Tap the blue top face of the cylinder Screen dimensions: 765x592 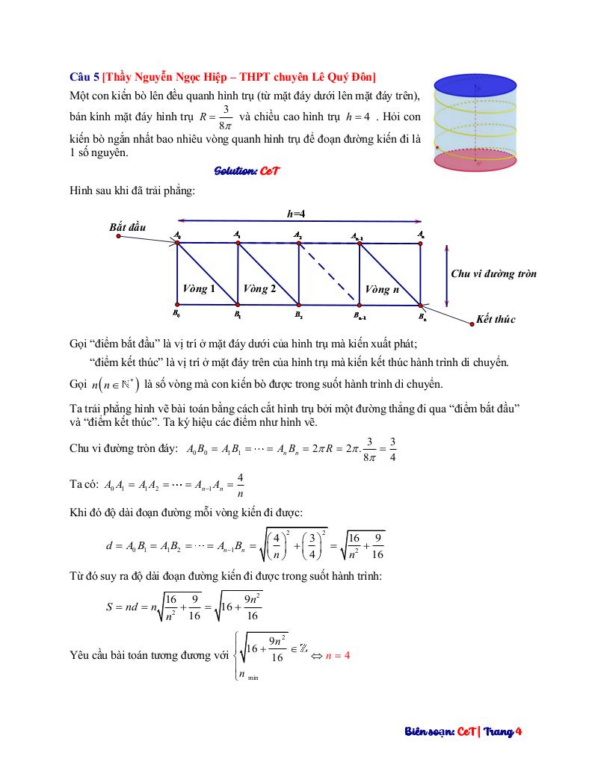(475, 82)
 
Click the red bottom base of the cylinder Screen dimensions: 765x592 (475, 158)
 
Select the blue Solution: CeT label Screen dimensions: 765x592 (247, 171)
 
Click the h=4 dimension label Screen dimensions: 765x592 (296, 214)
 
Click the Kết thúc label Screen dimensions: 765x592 (496, 319)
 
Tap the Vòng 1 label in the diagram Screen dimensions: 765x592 (199, 288)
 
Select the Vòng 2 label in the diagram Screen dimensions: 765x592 (259, 288)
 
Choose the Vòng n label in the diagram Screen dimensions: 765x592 (381, 289)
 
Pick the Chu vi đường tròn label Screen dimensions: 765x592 (493, 273)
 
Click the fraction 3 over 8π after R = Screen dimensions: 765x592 (225, 117)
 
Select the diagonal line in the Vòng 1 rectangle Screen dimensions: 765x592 (207, 273)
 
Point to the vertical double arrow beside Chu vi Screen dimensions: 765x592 (446, 274)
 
